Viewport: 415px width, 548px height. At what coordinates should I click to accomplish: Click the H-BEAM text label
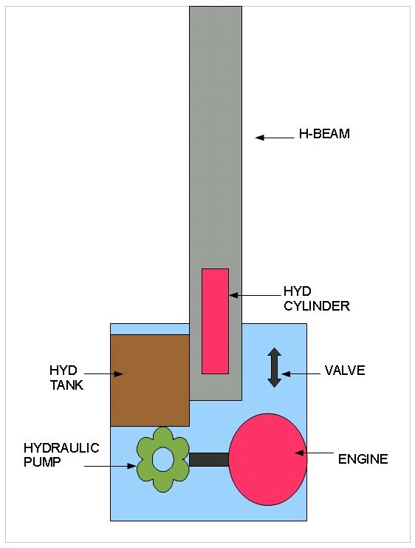pos(324,134)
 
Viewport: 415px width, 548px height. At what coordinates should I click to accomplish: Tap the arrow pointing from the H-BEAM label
pos(275,138)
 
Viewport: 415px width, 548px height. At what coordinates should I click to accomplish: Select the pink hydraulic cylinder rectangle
pos(216,321)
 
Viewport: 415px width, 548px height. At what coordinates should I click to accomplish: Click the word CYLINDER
pos(317,306)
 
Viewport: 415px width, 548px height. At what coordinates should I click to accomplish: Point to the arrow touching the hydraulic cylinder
pos(255,295)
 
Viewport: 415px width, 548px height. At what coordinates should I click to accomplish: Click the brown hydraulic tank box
pos(150,380)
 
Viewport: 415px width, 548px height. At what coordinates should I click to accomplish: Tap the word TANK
pos(66,385)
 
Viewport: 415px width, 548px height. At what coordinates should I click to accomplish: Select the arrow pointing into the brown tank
pos(103,374)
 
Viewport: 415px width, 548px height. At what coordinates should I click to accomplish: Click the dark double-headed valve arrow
pos(275,368)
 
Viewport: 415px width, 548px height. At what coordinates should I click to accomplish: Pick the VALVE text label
pos(345,370)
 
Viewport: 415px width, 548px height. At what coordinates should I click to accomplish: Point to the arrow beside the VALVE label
pos(301,374)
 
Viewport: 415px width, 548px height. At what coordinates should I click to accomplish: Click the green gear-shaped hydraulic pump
pos(163,459)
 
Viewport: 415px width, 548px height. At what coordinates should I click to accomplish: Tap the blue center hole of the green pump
pos(163,460)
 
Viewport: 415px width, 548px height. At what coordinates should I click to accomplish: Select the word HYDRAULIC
pos(61,447)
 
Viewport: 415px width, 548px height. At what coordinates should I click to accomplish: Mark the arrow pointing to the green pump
pos(110,466)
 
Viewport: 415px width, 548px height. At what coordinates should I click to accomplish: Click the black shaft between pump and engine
pos(209,459)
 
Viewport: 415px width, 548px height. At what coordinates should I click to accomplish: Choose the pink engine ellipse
pos(268,459)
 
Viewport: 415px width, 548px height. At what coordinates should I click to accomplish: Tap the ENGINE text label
pos(363,459)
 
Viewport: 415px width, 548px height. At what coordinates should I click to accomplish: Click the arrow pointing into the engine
pos(314,453)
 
